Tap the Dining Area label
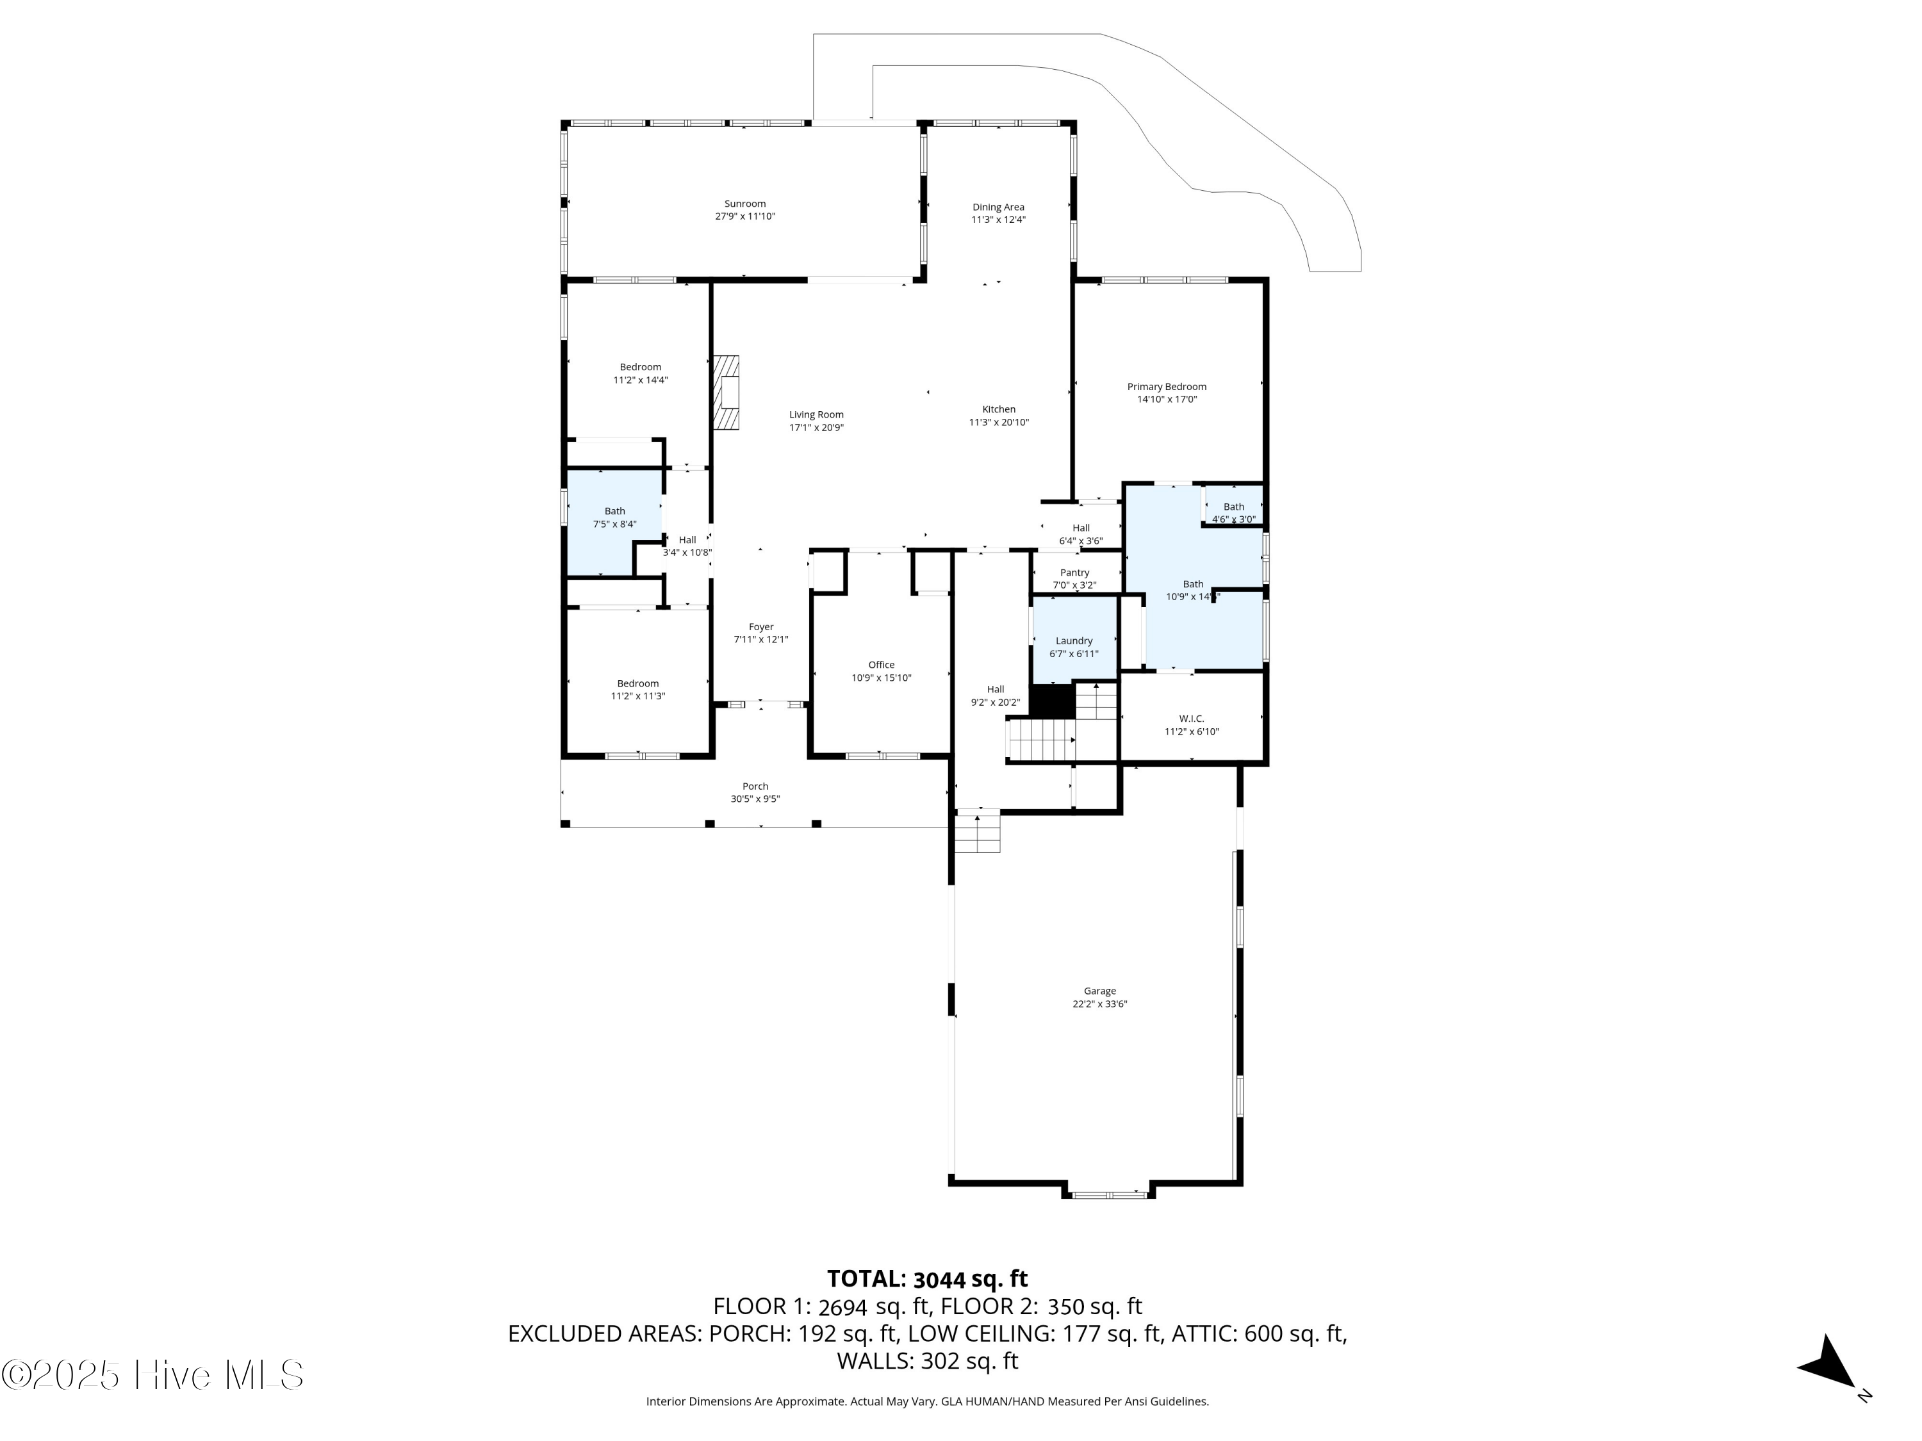click(998, 208)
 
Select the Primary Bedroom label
click(1167, 387)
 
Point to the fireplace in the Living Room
click(727, 392)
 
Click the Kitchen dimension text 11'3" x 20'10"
click(999, 423)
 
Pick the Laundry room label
click(1074, 641)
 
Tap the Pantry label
click(1075, 573)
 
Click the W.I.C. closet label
click(1191, 719)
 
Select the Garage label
click(1100, 991)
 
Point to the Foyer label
click(761, 627)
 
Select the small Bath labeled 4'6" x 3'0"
click(1234, 507)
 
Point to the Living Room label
click(816, 415)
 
